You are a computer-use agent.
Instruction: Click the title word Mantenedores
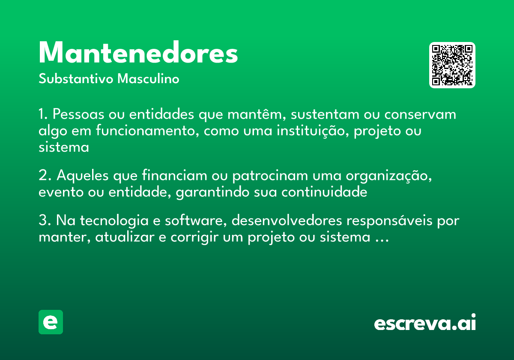point(138,53)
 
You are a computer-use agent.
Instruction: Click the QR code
point(452,65)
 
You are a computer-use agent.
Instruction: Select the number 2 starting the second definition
point(42,176)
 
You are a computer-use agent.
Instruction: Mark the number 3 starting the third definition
point(42,221)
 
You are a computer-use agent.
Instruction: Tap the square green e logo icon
point(51,322)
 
